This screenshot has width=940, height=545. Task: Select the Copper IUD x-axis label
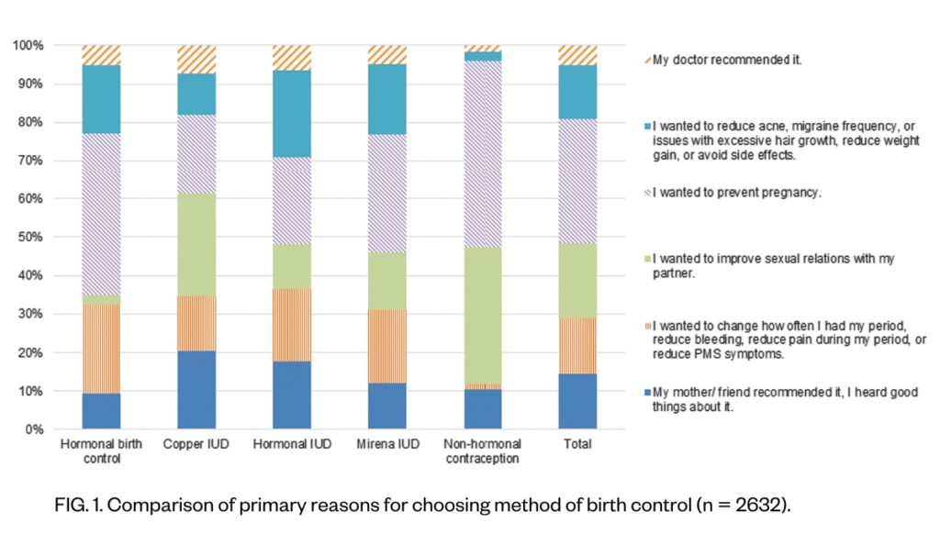pos(196,444)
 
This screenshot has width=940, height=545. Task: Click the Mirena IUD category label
pos(386,444)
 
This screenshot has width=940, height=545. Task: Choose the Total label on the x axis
pos(577,444)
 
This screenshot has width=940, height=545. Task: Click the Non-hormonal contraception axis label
pos(483,450)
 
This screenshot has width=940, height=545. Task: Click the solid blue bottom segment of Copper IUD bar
pos(196,390)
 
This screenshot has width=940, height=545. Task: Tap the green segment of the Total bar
pos(577,281)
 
